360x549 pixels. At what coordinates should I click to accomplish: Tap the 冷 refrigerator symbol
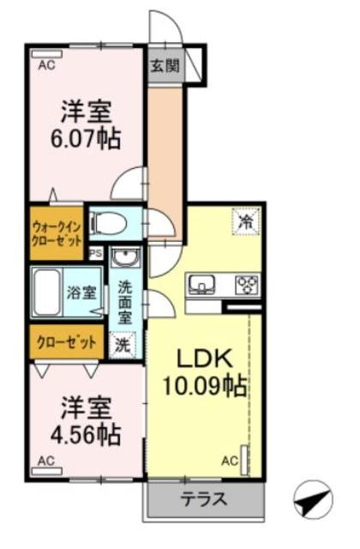[x=243, y=221]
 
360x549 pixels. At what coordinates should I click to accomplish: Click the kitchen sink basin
[x=203, y=283]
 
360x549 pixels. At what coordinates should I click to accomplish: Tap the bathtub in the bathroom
[x=47, y=292]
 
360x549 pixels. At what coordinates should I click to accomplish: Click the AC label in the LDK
[x=230, y=461]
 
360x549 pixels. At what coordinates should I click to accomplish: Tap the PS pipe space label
[x=95, y=253]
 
